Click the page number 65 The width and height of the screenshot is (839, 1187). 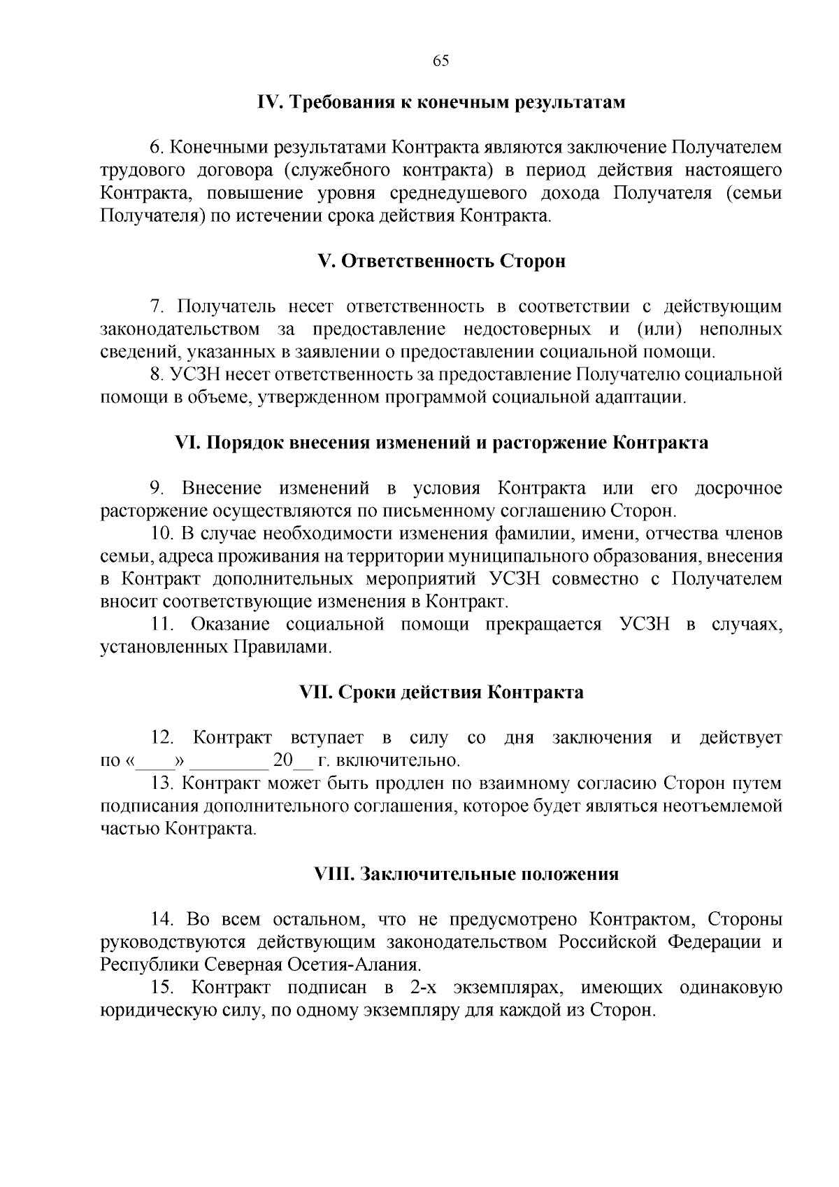tap(440, 60)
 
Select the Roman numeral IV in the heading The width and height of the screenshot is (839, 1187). tap(269, 103)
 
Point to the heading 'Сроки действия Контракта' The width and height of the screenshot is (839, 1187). tap(461, 692)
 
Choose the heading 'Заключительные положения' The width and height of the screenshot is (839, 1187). tap(489, 874)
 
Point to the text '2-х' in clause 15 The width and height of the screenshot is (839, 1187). tap(417, 988)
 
